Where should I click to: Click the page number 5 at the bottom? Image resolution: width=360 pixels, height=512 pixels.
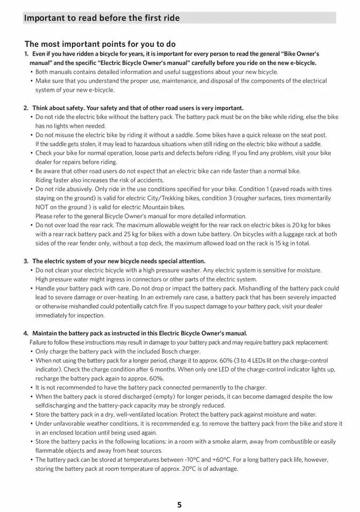(179, 504)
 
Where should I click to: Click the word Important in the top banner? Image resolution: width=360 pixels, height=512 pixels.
(44, 18)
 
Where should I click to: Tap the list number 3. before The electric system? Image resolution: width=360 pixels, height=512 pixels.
(26, 261)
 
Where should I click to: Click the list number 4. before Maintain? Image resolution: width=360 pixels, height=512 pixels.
(26, 333)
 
